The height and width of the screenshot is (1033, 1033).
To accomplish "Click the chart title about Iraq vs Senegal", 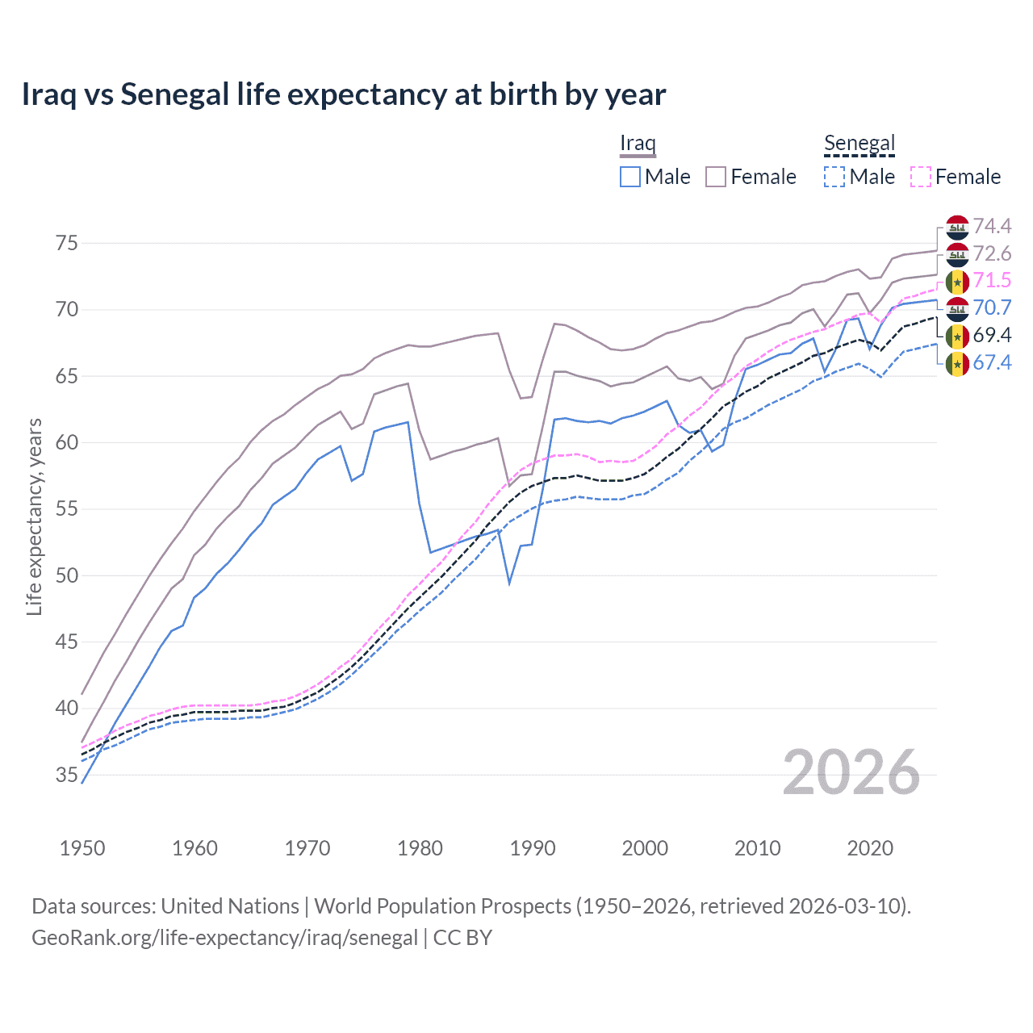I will [343, 94].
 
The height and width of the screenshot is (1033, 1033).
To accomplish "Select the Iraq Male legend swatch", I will [630, 177].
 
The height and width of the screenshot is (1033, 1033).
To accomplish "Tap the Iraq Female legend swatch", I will [716, 177].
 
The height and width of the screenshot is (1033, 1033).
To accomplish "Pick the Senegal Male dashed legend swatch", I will [834, 177].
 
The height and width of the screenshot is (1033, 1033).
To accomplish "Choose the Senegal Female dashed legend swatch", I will [921, 177].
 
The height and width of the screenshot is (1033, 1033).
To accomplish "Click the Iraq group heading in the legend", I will [638, 144].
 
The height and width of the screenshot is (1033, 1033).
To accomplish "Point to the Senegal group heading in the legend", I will [859, 144].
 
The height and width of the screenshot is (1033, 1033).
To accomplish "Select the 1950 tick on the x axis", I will [82, 848].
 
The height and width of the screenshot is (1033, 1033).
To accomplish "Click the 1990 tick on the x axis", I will [533, 848].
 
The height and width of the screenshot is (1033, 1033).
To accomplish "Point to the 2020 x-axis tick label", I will [870, 848].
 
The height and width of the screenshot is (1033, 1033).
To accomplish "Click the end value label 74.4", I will [992, 227].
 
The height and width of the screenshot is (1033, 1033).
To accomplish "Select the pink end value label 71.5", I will [992, 281].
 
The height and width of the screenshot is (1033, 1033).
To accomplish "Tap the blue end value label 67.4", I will [992, 363].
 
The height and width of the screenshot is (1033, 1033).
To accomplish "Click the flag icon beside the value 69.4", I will [957, 336].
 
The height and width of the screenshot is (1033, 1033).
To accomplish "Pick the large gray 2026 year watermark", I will [851, 772].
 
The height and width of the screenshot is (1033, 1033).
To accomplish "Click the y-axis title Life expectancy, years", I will [35, 516].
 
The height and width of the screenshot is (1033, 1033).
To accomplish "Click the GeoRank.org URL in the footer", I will [224, 938].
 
